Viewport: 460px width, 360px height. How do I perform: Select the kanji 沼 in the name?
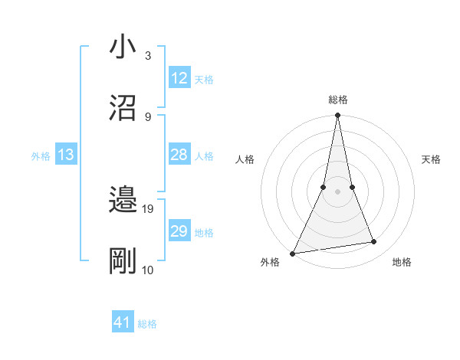click(x=123, y=106)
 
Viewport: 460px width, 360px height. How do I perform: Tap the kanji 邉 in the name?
click(x=123, y=201)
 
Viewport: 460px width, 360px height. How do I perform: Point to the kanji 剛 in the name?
click(x=123, y=262)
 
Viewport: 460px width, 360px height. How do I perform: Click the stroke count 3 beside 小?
click(x=147, y=55)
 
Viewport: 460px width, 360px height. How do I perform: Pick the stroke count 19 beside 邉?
click(x=149, y=208)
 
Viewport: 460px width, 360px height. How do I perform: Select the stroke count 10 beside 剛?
click(x=148, y=270)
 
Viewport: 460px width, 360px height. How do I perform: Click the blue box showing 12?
click(x=179, y=78)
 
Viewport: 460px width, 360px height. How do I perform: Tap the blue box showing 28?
click(x=179, y=155)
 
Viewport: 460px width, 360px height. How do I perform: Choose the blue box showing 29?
click(x=179, y=231)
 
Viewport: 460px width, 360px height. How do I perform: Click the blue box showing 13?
click(x=66, y=155)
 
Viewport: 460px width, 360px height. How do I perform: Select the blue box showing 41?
click(x=123, y=323)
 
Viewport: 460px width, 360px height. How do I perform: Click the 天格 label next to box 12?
click(x=204, y=79)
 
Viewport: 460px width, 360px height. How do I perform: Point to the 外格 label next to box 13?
click(x=41, y=155)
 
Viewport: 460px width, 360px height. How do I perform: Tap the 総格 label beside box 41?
click(x=147, y=324)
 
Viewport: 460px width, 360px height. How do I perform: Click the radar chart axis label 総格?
click(x=337, y=100)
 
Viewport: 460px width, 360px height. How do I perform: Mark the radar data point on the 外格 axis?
click(x=293, y=253)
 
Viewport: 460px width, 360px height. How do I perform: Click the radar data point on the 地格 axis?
click(x=374, y=242)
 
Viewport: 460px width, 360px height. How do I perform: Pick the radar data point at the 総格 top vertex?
click(x=337, y=116)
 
